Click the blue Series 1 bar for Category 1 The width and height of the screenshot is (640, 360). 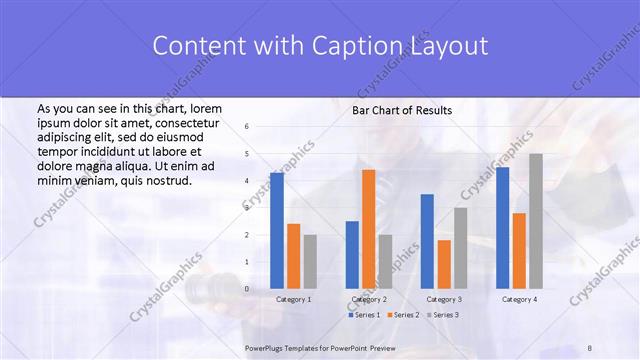click(277, 230)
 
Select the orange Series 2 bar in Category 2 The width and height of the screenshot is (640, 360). click(368, 229)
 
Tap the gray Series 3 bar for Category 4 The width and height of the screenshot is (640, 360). click(536, 221)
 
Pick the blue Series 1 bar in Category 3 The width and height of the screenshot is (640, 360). click(427, 241)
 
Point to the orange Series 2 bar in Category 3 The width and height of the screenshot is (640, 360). click(444, 264)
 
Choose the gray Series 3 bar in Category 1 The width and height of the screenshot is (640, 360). click(310, 262)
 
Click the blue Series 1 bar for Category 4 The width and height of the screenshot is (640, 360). click(502, 227)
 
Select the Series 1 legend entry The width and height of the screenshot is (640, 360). click(364, 315)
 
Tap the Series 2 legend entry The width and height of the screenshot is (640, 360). click(403, 315)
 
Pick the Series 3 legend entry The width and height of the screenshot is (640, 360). click(443, 315)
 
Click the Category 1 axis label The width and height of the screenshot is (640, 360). click(293, 299)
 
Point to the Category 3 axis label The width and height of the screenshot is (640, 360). click(444, 299)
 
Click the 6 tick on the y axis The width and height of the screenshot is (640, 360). click(247, 127)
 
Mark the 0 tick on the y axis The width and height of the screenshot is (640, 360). click(247, 289)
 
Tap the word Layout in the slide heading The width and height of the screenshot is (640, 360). click(453, 46)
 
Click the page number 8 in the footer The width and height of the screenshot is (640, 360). click(590, 347)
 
